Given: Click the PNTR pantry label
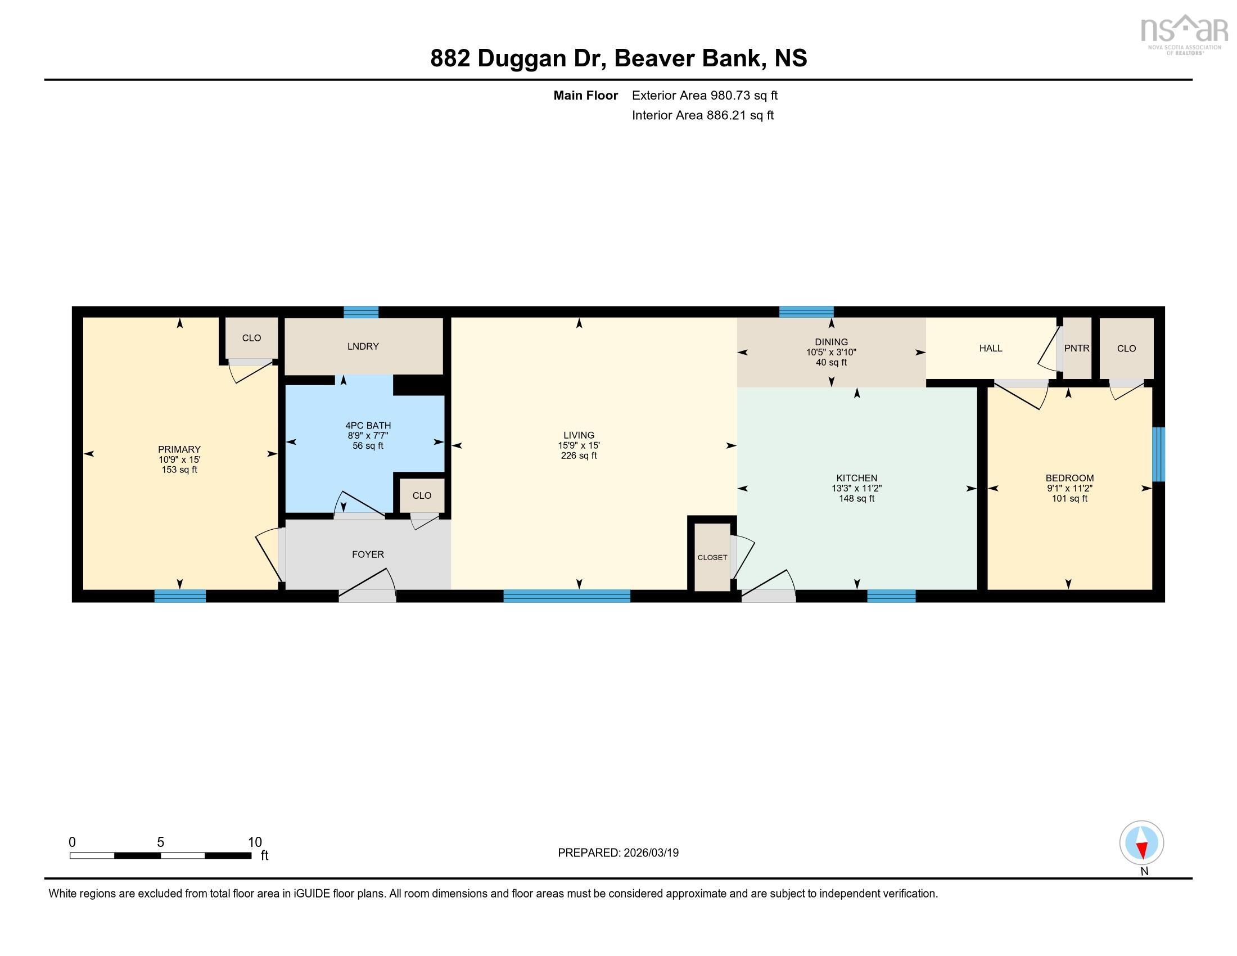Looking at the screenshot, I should (1076, 348).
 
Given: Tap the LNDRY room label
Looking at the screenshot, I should (363, 346).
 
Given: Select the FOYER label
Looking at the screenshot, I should (368, 554).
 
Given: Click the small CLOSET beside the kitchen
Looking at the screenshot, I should (712, 557).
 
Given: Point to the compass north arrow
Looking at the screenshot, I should (1141, 844).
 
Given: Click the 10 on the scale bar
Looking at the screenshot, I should (255, 842).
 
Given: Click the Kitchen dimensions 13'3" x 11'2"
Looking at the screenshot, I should (856, 488).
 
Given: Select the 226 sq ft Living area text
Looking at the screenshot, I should (578, 456).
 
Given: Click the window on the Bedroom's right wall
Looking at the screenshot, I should (1159, 454).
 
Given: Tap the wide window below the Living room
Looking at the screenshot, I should (566, 595).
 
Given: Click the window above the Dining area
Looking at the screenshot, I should (806, 312).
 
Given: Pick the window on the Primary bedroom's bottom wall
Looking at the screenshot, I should (180, 595).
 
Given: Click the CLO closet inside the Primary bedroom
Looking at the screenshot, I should (251, 338).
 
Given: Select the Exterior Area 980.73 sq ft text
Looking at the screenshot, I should (705, 95).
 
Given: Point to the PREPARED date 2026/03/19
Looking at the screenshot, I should (649, 853).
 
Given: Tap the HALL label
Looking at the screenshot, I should (991, 348).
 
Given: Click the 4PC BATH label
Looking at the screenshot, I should (368, 425).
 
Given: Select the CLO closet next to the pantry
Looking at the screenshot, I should (1126, 348).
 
